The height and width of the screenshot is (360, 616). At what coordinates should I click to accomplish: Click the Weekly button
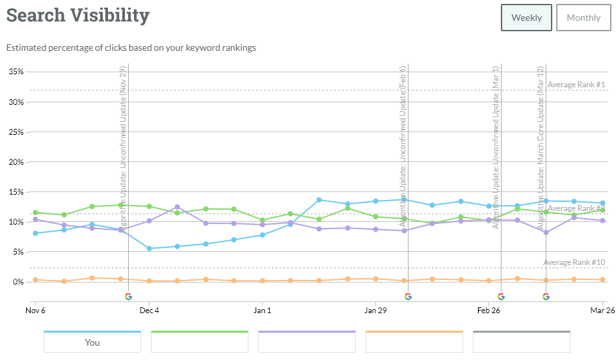point(526,18)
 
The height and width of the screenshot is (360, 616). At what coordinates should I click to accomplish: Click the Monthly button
point(583,18)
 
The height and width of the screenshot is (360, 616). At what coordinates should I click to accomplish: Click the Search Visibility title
point(78,16)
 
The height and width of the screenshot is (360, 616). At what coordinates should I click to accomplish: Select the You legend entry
point(92,342)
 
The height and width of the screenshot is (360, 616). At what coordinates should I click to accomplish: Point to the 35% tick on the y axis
point(16,72)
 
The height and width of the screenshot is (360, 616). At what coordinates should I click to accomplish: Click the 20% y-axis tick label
point(16,162)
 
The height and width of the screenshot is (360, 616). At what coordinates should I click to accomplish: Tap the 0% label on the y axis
point(18,282)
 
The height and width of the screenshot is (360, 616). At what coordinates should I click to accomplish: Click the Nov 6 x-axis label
point(35,311)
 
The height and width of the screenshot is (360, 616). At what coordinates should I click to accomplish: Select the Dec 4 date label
point(149,311)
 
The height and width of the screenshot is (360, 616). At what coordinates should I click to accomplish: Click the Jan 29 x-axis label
point(375,311)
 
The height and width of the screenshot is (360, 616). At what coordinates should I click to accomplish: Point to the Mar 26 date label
point(602,311)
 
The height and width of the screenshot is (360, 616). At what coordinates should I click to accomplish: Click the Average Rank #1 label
point(576,85)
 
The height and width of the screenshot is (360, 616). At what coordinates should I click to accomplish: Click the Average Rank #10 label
point(574,262)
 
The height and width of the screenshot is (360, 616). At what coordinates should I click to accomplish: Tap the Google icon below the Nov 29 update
point(128,296)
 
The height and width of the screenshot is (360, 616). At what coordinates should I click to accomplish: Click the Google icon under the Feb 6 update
point(408,296)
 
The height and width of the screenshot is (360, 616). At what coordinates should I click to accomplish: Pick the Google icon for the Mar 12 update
point(546,296)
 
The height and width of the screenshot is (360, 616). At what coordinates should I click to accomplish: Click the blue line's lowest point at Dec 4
point(149,249)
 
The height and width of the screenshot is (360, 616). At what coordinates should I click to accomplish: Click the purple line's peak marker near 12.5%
point(177,207)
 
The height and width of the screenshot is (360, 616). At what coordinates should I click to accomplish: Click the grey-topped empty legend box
point(521,342)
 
